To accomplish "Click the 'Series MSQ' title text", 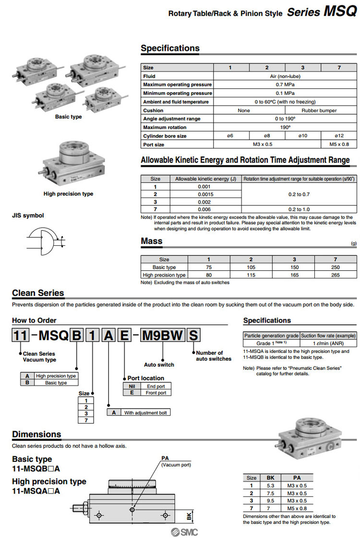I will click(322, 12).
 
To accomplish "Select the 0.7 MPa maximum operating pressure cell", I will click(285, 84).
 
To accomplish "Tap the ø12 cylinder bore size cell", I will click(339, 136).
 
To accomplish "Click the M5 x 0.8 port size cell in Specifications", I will click(339, 145).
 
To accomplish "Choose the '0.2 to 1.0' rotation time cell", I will click(299, 209).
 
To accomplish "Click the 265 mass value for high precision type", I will click(335, 275).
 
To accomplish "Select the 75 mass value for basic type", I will click(208, 267).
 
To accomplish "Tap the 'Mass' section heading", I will click(152, 241).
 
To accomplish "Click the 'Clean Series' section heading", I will click(38, 293).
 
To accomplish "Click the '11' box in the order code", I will click(21, 336).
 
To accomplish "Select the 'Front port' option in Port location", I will click(156, 393).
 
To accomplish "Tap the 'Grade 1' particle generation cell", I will click(271, 343).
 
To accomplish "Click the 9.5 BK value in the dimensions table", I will click(270, 501).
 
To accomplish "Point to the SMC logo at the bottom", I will click(184, 533).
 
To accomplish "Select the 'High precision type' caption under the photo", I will click(68, 194).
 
